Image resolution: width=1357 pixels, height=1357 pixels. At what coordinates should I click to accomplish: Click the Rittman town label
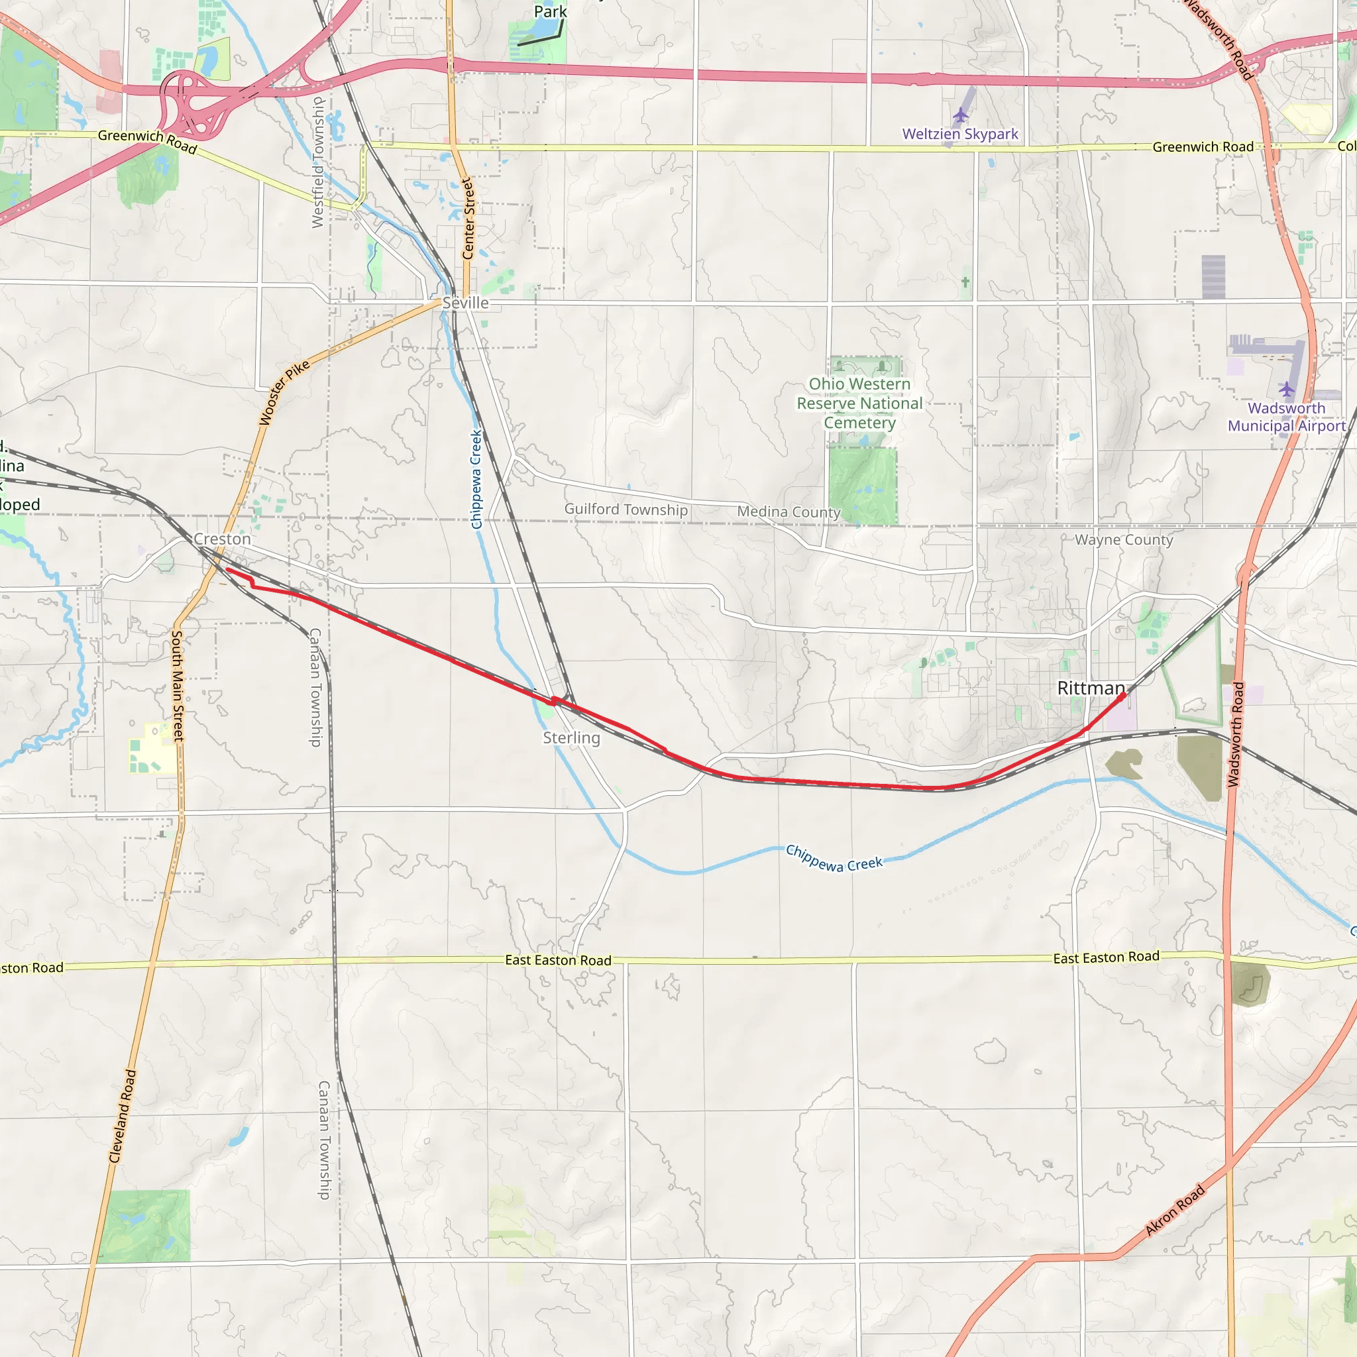1091,688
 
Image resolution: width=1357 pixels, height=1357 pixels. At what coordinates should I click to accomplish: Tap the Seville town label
465,303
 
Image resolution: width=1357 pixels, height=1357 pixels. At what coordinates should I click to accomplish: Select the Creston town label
222,539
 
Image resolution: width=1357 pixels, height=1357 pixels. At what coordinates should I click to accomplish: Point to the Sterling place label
571,737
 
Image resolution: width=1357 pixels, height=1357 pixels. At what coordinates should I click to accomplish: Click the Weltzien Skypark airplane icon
960,115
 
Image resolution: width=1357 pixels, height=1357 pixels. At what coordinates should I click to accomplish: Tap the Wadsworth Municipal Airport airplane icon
1286,388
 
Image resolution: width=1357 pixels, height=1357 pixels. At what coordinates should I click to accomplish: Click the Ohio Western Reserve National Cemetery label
859,403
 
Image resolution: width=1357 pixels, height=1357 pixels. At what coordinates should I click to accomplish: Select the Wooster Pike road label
284,394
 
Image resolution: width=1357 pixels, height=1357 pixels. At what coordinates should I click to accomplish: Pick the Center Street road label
468,219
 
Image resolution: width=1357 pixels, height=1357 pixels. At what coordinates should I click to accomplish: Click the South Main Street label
178,686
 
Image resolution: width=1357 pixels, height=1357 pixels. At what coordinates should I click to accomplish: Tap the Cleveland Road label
122,1116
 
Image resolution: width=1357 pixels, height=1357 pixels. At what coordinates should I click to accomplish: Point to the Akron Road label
1174,1209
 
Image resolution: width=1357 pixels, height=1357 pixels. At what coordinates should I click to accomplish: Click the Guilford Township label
625,510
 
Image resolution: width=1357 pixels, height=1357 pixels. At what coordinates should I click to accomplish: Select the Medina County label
788,512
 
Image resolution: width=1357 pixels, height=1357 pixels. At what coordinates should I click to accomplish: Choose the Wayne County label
1124,539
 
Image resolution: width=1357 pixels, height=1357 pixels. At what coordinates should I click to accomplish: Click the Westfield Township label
318,162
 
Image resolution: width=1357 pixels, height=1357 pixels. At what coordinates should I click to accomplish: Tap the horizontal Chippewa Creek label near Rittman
834,858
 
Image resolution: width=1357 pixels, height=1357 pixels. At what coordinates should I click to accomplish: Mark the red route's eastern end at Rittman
1123,694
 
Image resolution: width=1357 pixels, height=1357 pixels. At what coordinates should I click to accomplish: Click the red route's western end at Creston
227,570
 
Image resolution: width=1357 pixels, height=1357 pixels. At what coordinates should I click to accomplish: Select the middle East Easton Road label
558,960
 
